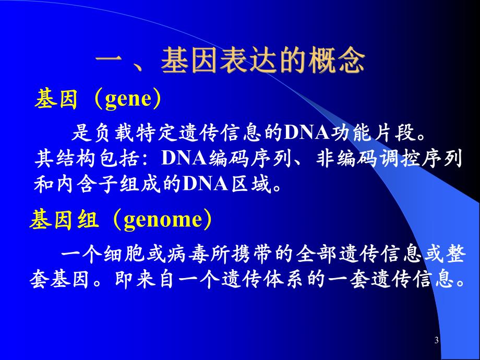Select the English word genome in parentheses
pos(162,220)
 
